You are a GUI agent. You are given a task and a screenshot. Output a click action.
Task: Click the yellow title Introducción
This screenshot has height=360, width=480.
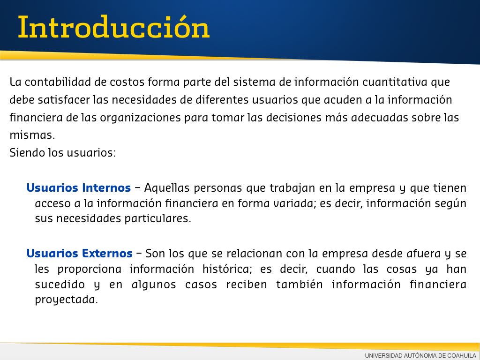113,27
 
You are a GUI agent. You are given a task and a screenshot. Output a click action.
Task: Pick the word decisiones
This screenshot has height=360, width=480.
292,118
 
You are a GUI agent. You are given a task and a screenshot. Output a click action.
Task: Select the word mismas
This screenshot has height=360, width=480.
32,135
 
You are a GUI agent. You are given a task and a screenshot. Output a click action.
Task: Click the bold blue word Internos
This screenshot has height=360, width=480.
106,187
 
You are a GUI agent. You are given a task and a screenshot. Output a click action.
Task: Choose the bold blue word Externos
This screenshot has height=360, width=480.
107,254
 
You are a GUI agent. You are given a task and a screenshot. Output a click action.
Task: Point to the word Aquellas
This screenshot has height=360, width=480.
167,188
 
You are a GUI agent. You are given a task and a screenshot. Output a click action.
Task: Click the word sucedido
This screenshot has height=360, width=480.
60,285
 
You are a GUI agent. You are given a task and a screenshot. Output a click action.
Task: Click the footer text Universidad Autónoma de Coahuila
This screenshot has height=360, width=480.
420,356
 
